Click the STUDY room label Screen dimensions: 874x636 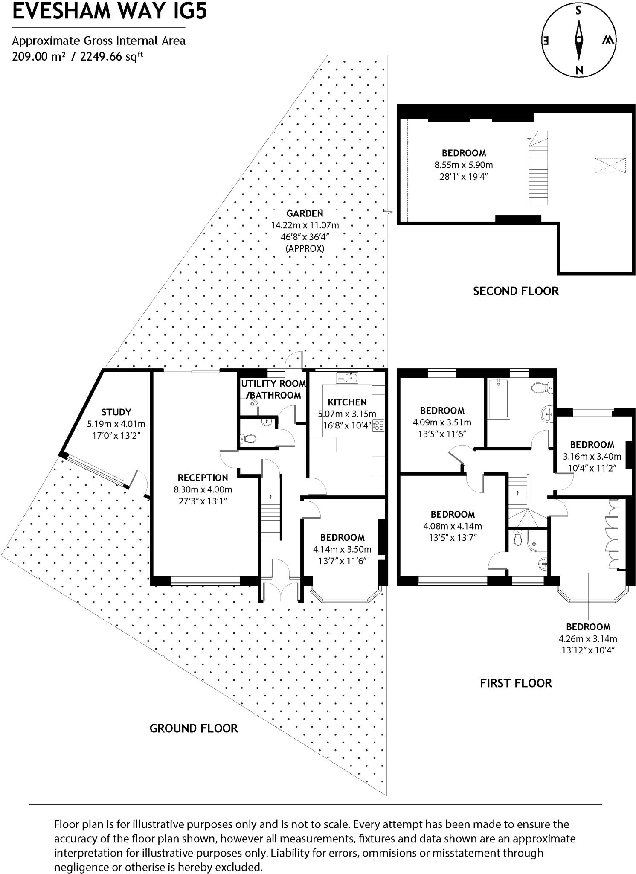(x=116, y=412)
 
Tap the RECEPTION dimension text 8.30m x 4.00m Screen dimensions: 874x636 (x=203, y=489)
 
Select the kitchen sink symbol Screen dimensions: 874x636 (x=347, y=378)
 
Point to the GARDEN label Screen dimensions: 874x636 (x=305, y=213)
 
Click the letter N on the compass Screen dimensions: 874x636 (x=579, y=70)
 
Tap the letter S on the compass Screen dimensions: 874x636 (x=578, y=11)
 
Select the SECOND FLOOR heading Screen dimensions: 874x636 (x=515, y=291)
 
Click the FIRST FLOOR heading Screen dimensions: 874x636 (x=515, y=683)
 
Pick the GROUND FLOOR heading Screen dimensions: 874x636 (x=193, y=728)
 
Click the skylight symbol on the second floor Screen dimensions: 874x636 (x=610, y=166)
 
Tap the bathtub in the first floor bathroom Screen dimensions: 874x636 (x=498, y=398)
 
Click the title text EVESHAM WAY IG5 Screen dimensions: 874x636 (x=110, y=12)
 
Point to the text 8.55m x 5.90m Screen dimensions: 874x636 (x=463, y=165)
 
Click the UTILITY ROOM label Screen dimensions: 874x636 (x=273, y=383)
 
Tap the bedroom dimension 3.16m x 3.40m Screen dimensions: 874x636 (x=592, y=456)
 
